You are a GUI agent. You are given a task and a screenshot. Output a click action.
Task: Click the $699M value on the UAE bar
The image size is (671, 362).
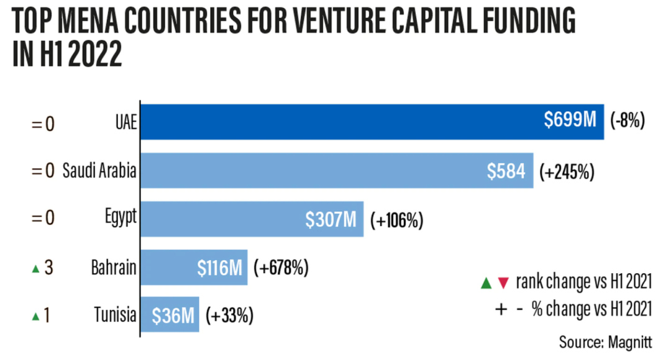570,120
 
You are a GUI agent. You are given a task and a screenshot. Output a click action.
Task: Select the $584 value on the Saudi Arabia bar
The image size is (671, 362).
506,170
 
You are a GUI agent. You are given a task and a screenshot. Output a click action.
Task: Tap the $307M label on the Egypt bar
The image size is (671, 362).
331,219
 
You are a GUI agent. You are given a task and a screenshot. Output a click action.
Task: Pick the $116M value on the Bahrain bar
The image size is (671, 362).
219,268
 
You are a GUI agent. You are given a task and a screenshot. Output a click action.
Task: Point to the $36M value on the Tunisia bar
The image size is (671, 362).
174,315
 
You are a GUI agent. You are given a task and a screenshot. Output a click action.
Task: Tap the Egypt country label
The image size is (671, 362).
121,218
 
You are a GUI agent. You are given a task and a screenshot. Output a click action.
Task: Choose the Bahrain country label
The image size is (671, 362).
114,268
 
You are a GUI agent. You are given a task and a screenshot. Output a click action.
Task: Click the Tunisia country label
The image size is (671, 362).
115,315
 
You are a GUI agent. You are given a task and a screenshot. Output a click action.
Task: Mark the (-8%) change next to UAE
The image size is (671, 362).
628,120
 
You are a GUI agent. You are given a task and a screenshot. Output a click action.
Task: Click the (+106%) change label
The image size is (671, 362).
396,219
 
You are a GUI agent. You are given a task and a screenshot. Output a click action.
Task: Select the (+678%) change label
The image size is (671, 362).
281,268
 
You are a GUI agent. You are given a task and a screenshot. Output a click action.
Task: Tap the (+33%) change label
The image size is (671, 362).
229,315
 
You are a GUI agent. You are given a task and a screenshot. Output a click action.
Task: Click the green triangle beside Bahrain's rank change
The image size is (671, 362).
35,269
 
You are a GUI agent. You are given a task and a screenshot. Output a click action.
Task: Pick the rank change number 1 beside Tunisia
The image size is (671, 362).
47,315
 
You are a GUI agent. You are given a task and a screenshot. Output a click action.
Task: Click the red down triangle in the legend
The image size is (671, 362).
504,284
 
